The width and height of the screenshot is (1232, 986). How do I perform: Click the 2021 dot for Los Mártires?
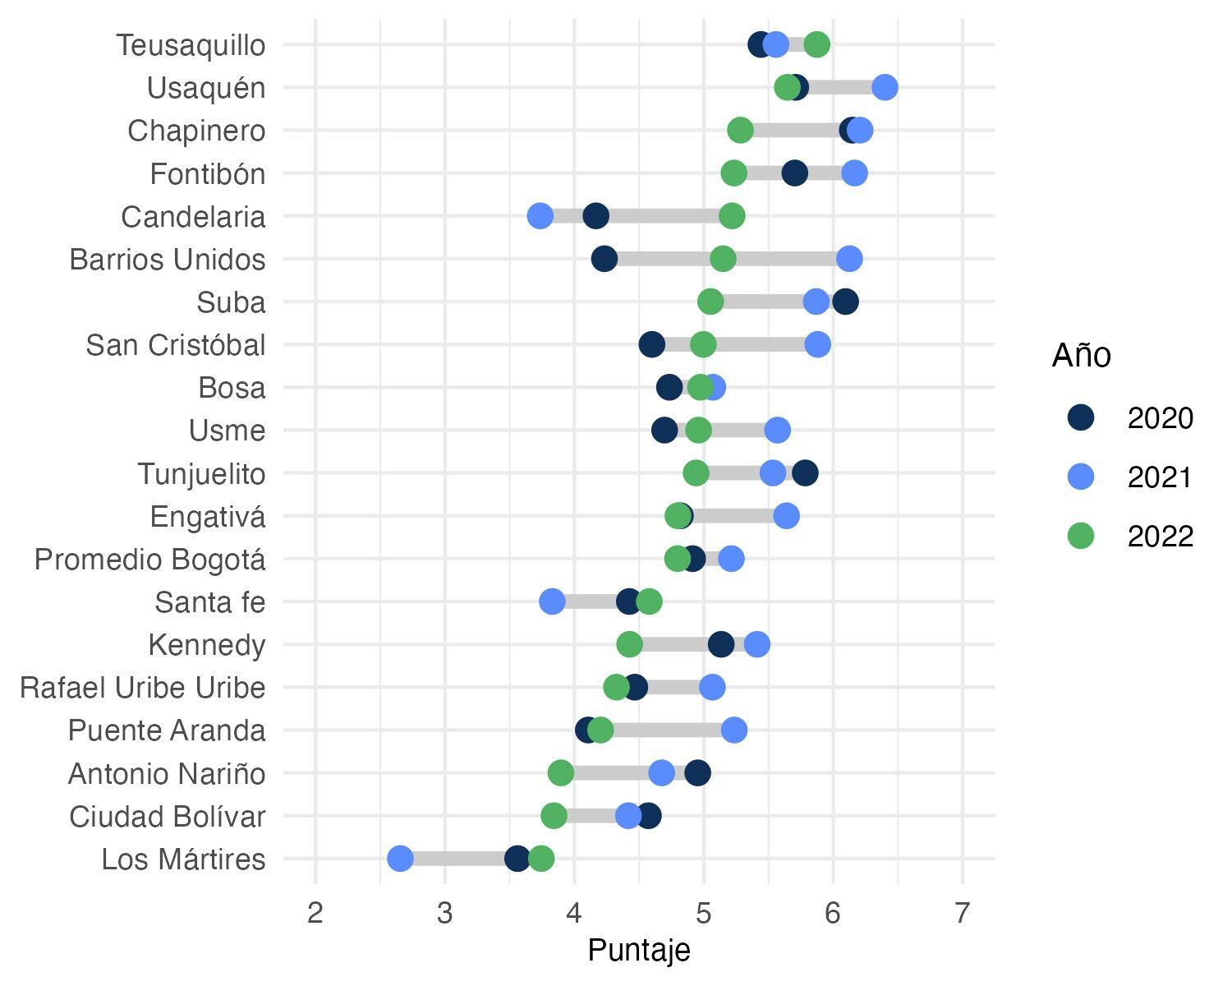(x=400, y=859)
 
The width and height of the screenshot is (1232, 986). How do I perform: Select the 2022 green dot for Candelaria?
(x=732, y=216)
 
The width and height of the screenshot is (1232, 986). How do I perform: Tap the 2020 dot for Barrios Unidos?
(x=604, y=259)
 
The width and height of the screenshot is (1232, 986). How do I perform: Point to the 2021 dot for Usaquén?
(x=885, y=87)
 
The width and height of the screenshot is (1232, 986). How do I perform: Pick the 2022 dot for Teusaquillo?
(x=816, y=44)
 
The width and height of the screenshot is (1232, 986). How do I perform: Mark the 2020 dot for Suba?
(x=845, y=302)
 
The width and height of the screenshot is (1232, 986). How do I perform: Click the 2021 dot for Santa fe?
(x=552, y=601)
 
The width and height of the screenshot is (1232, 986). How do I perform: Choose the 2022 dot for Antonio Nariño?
(x=561, y=772)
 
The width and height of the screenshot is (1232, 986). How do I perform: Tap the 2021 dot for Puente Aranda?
(x=733, y=730)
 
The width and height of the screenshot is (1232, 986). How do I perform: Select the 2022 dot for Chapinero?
(x=740, y=130)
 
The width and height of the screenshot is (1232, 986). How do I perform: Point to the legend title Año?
(x=1081, y=356)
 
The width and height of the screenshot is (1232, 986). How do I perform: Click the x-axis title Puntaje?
(x=639, y=950)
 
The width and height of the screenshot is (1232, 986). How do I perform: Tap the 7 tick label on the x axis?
(x=963, y=913)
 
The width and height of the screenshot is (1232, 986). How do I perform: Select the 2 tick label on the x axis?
(x=315, y=913)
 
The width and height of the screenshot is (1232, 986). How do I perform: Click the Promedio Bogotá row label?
(x=149, y=560)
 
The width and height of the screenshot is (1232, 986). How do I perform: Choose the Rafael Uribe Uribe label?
(x=143, y=688)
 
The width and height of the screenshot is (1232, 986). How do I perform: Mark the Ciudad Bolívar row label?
(x=168, y=817)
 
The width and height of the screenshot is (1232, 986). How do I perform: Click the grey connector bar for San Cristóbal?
(x=760, y=344)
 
